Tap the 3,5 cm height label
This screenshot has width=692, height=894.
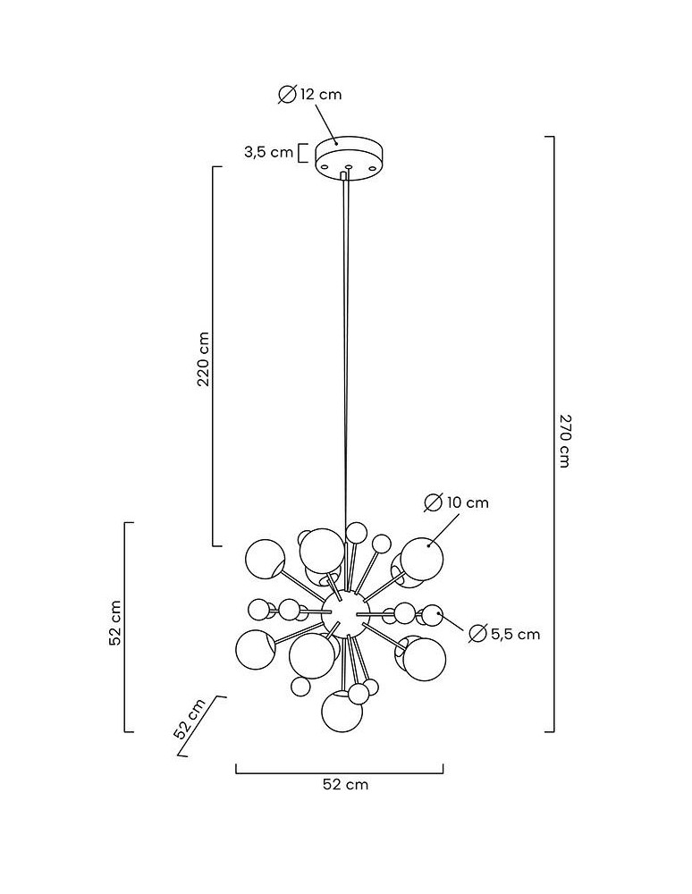[x=267, y=152]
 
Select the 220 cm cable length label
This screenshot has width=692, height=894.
[x=204, y=358]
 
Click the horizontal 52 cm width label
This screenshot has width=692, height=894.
[x=344, y=785]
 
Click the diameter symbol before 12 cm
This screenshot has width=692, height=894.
[x=287, y=94]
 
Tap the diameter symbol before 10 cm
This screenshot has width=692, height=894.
[x=433, y=502]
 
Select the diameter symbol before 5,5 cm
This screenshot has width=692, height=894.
[x=477, y=634]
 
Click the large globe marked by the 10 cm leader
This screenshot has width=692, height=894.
[x=421, y=558]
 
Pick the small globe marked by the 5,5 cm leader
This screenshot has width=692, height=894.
[x=433, y=614]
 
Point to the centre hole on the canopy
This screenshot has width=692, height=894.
[x=349, y=166]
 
